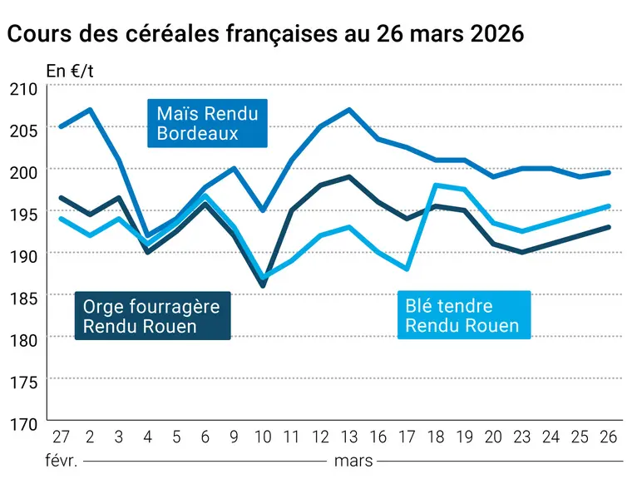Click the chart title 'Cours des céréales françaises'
coord(172,33)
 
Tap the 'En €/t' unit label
coord(70,72)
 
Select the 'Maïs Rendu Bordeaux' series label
coord(207,123)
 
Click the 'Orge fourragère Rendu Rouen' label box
coord(152,316)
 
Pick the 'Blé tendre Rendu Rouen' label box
coord(464,315)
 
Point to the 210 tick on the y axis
coord(23,89)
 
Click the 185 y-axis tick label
coord(23,298)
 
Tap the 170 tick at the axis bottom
coord(23,424)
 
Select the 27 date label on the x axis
coord(61,437)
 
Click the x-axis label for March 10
coord(263,437)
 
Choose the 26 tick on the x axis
coord(609,437)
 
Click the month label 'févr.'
coord(62,461)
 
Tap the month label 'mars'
coord(353,462)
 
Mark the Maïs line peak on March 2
coord(90,109)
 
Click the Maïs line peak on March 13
coord(348,109)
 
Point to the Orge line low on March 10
coord(263,285)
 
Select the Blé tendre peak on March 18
coord(436,185)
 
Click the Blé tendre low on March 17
coord(407,269)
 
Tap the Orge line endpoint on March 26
coord(609,227)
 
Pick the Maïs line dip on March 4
coord(147,235)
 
